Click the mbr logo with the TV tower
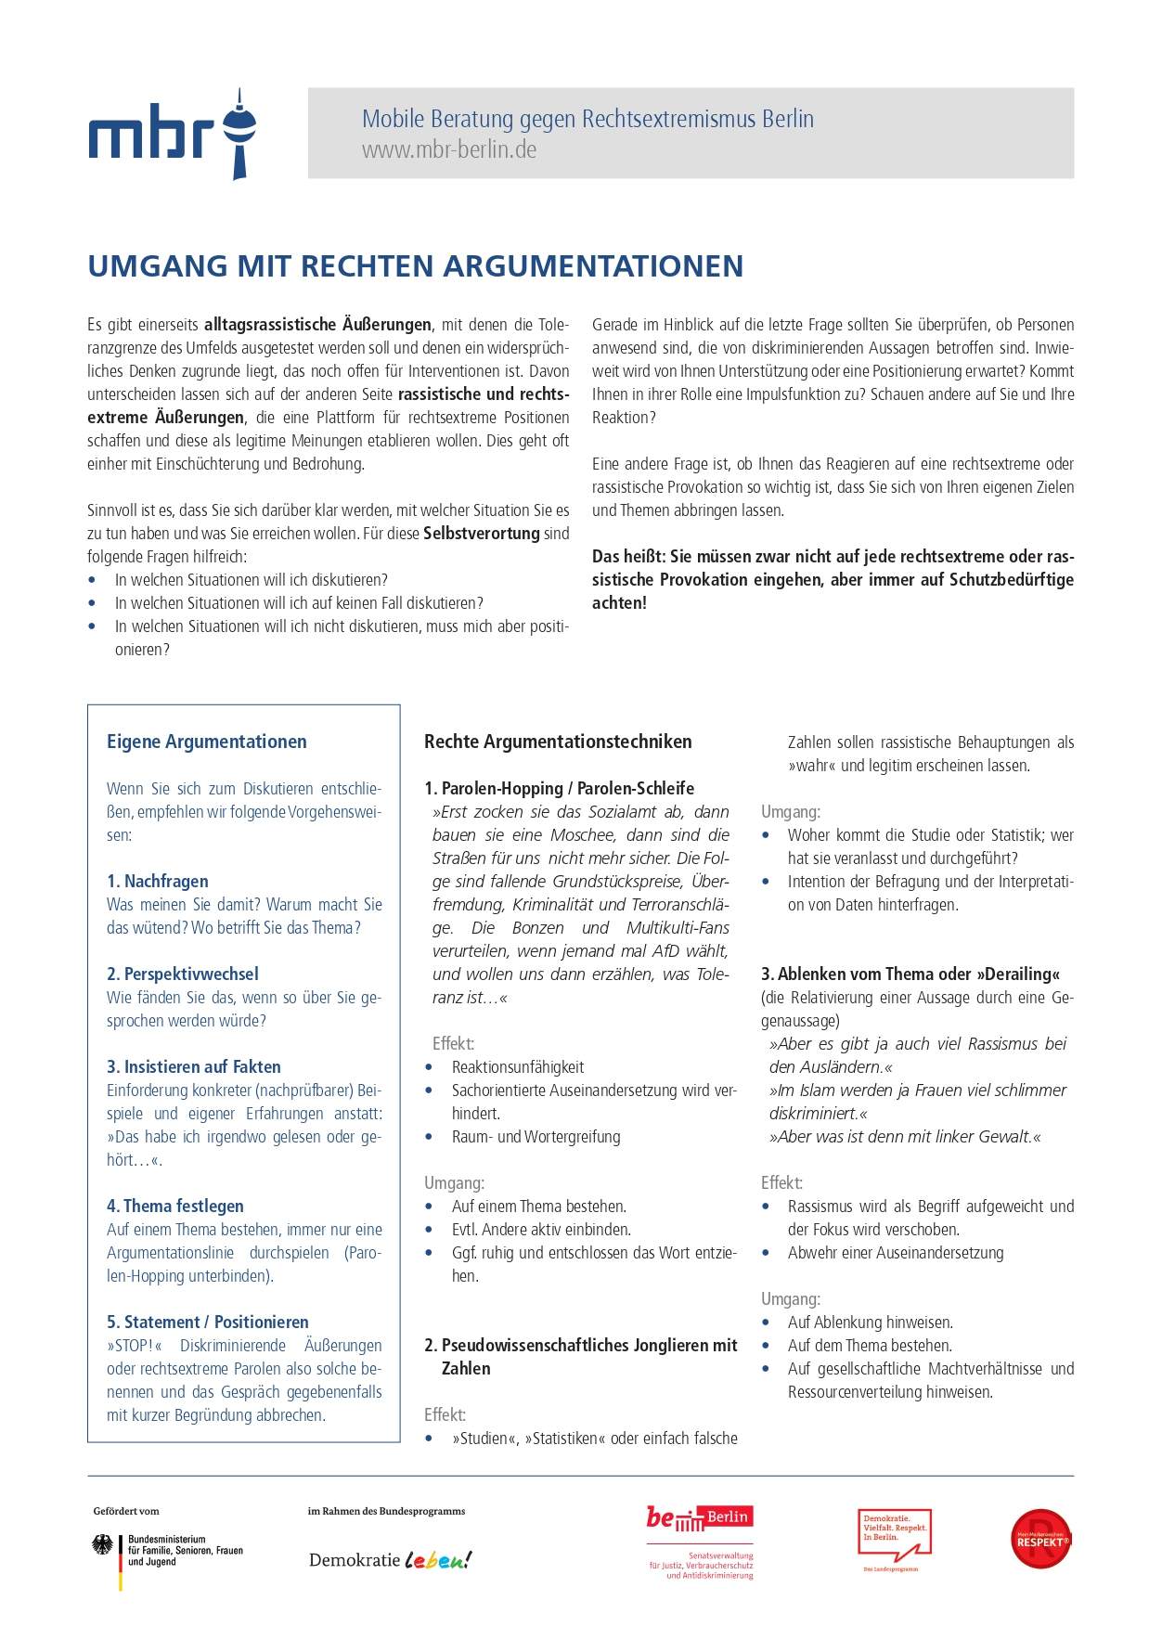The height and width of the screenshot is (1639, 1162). tap(173, 134)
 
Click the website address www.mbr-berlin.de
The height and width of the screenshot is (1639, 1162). tap(449, 150)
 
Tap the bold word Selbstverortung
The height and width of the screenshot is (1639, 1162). tap(482, 534)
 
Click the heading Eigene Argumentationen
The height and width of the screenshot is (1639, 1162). tap(206, 742)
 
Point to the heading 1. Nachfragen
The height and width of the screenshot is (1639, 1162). tap(158, 881)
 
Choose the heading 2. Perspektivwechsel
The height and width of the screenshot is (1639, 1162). tap(183, 974)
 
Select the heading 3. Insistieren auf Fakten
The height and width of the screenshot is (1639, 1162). tap(194, 1066)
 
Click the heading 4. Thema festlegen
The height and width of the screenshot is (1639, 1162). tap(175, 1206)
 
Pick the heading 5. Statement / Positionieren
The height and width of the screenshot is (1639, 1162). tap(208, 1322)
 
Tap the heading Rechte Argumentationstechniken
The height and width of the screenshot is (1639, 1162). tap(558, 742)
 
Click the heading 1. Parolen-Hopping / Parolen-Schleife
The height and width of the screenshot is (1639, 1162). tap(560, 788)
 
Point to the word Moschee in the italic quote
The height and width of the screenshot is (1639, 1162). tap(584, 834)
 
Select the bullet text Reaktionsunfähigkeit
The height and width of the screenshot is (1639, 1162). tap(518, 1067)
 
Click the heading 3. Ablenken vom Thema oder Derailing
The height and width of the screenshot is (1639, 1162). tap(910, 974)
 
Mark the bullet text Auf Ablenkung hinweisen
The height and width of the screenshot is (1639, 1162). tap(871, 1322)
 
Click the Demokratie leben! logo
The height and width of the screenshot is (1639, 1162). tap(390, 1560)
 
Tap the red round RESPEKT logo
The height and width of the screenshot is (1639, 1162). tap(1041, 1540)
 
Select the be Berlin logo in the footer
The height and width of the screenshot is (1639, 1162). tap(700, 1518)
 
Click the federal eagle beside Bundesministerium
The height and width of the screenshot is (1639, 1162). tap(102, 1544)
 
